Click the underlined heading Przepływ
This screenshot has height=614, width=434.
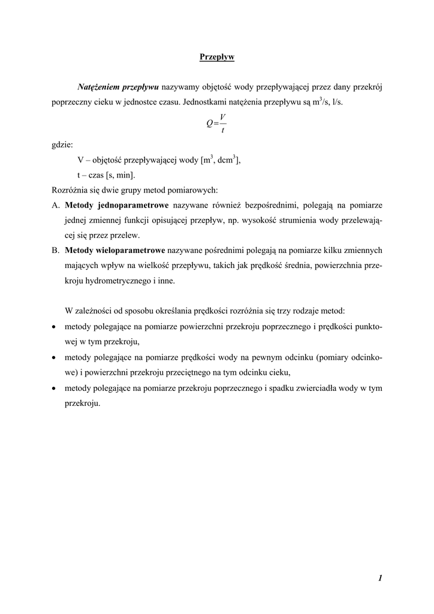(216, 58)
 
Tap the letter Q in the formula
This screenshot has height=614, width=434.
(209, 123)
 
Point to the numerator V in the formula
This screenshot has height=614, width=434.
(222, 116)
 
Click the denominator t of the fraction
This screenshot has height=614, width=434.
(222, 130)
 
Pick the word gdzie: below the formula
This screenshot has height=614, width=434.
(62, 145)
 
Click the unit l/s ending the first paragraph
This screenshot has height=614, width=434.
(337, 102)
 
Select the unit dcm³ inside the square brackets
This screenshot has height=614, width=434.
(227, 160)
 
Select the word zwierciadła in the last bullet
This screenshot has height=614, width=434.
(311, 389)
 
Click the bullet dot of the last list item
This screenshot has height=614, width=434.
(55, 389)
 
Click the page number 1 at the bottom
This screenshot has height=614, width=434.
(380, 578)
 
